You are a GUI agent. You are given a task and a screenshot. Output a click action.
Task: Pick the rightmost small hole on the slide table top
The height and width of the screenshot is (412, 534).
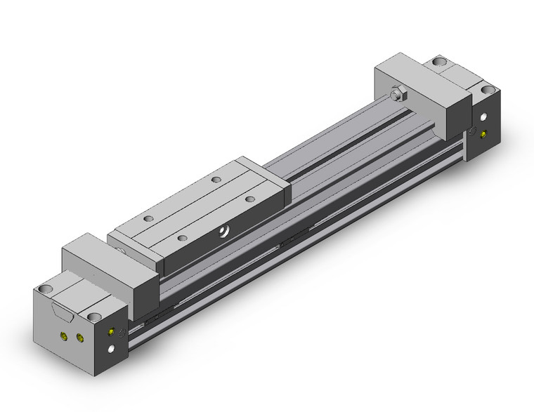[249, 199]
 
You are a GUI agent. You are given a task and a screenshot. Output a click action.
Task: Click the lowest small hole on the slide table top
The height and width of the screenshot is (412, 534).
[183, 239]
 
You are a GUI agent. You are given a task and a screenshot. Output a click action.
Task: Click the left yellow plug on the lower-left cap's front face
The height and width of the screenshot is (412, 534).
[65, 337]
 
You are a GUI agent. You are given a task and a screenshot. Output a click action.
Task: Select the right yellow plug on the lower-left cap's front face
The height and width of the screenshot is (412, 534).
[79, 340]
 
